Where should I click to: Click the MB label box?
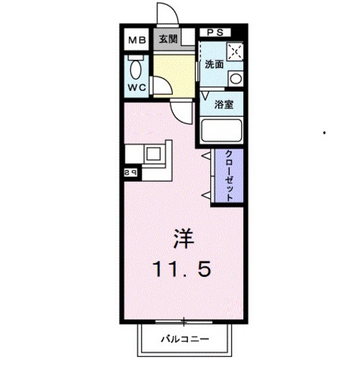pos(136,39)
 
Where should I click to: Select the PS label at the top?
pos(216,31)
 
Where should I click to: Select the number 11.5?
pos(182,270)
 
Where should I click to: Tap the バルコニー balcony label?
pos(185,338)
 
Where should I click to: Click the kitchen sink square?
pos(154,153)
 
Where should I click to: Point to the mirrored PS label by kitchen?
pos(131,173)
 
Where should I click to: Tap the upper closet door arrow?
pos(205,157)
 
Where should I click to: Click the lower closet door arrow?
pos(205,195)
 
